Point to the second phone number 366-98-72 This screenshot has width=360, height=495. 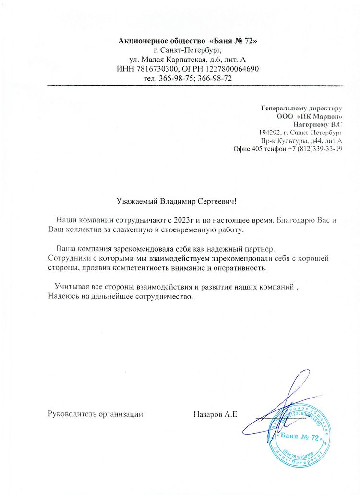tap(216, 78)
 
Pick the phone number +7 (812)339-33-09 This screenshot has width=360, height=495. tap(314, 149)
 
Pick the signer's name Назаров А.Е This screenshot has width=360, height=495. tap(216, 413)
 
